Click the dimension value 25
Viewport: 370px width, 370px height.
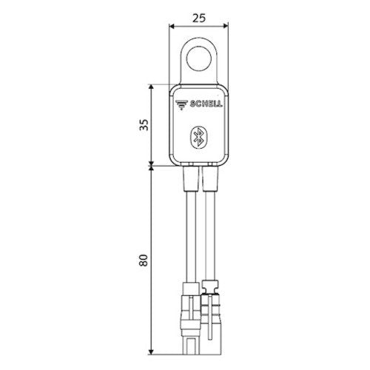[199, 18]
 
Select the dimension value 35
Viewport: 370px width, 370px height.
[144, 125]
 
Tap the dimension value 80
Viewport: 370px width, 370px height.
[144, 260]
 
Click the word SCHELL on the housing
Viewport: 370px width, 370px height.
[206, 104]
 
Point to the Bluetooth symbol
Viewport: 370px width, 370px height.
[199, 138]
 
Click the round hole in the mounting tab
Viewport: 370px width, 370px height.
[199, 58]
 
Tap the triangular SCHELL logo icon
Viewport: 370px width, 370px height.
[181, 104]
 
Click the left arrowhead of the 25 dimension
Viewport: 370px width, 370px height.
[172, 26]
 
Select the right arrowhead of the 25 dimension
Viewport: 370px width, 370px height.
[225, 26]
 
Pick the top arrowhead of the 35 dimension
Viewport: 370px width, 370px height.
[151, 87]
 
